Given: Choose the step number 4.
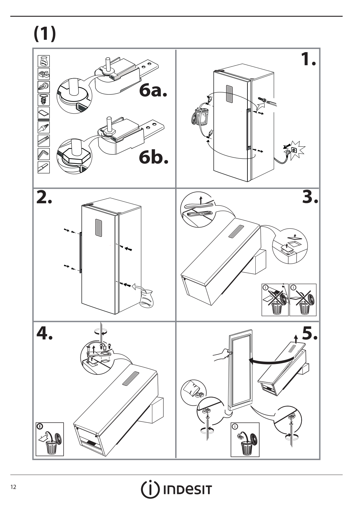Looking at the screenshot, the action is point(45,333).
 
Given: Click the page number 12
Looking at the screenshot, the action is point(13,486).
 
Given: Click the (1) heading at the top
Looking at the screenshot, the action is point(45,33).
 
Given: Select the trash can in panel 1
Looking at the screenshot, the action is point(201,116).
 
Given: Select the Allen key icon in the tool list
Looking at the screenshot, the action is point(44,154).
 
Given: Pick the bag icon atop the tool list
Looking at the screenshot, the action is point(44,61).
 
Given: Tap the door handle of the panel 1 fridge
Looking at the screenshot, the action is point(248,129).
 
